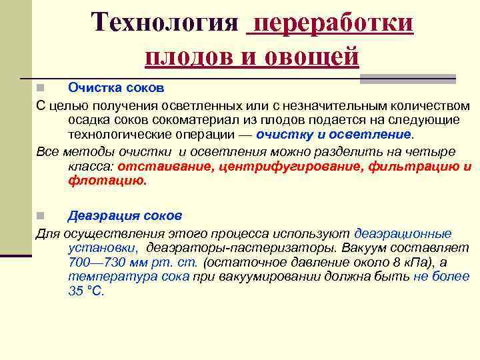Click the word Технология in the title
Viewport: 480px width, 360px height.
[x=165, y=23]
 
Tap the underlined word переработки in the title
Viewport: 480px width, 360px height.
[x=331, y=23]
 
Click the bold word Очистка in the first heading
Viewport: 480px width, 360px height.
[x=92, y=87]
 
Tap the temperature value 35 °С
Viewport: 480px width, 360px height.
[x=86, y=291]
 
